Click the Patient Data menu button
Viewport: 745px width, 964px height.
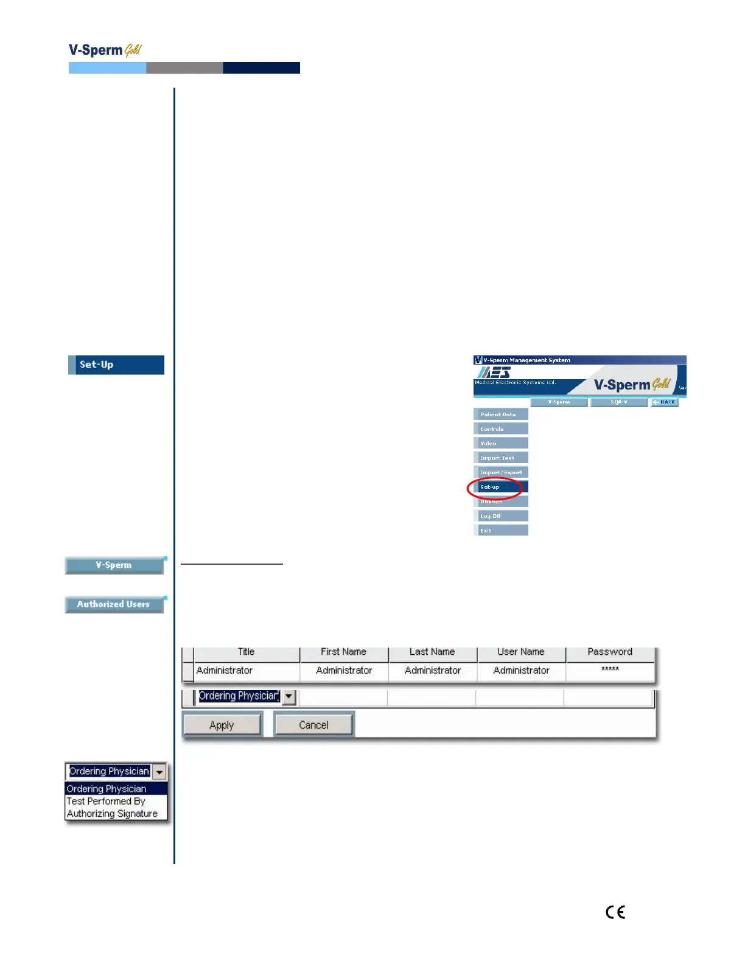tap(500, 414)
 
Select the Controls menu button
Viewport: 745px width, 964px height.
tap(500, 429)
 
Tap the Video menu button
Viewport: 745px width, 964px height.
tap(500, 444)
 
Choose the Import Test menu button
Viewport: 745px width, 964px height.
tap(500, 458)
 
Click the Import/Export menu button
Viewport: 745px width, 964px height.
tap(500, 472)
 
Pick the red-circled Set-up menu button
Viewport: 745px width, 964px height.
tap(500, 487)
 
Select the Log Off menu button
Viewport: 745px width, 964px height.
tap(500, 516)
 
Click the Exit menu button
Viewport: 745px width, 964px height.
tap(500, 531)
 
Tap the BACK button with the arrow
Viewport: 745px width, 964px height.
tap(665, 402)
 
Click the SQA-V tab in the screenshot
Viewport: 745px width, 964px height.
tap(618, 402)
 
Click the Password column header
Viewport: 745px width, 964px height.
tap(610, 652)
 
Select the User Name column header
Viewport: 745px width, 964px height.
tap(521, 652)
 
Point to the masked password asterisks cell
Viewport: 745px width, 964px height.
tap(610, 669)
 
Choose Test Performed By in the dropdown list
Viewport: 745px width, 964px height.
tap(106, 802)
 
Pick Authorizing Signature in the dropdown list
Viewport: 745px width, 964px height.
tap(112, 814)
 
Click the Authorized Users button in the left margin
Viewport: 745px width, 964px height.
tap(114, 604)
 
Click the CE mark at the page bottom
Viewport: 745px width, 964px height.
tap(615, 912)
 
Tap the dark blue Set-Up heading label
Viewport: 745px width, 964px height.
tap(116, 365)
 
